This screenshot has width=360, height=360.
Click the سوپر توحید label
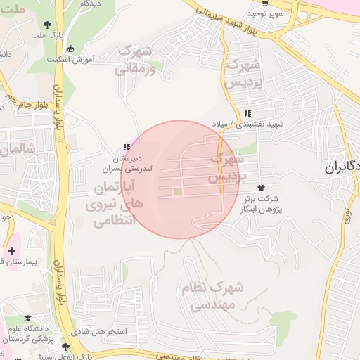pyautogui.click(x=265, y=13)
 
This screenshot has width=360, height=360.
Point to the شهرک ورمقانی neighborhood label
pyautogui.click(x=136, y=60)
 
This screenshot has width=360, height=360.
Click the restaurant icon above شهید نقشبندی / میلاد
pyautogui.click(x=247, y=113)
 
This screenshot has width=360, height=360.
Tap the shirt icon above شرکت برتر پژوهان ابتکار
pyautogui.click(x=262, y=188)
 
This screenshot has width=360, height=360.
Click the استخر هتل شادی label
pyautogui.click(x=101, y=330)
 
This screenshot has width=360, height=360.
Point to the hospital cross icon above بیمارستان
pyautogui.click(x=11, y=250)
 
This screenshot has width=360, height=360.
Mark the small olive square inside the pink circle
pyautogui.click(x=177, y=191)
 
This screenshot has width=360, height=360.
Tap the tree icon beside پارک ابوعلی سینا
pyautogui.click(x=66, y=347)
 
